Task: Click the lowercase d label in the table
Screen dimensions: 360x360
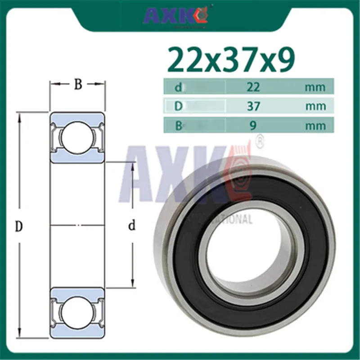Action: (x=178, y=87)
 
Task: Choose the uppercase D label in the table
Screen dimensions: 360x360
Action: (x=178, y=106)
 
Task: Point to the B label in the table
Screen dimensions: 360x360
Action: (x=178, y=125)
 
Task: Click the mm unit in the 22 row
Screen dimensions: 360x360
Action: (x=315, y=87)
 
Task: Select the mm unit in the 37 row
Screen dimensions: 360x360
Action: (x=315, y=106)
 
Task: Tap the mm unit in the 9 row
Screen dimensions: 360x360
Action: (x=315, y=126)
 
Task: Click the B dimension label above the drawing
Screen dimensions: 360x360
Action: (x=78, y=85)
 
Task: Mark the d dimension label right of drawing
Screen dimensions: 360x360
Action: (x=132, y=226)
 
